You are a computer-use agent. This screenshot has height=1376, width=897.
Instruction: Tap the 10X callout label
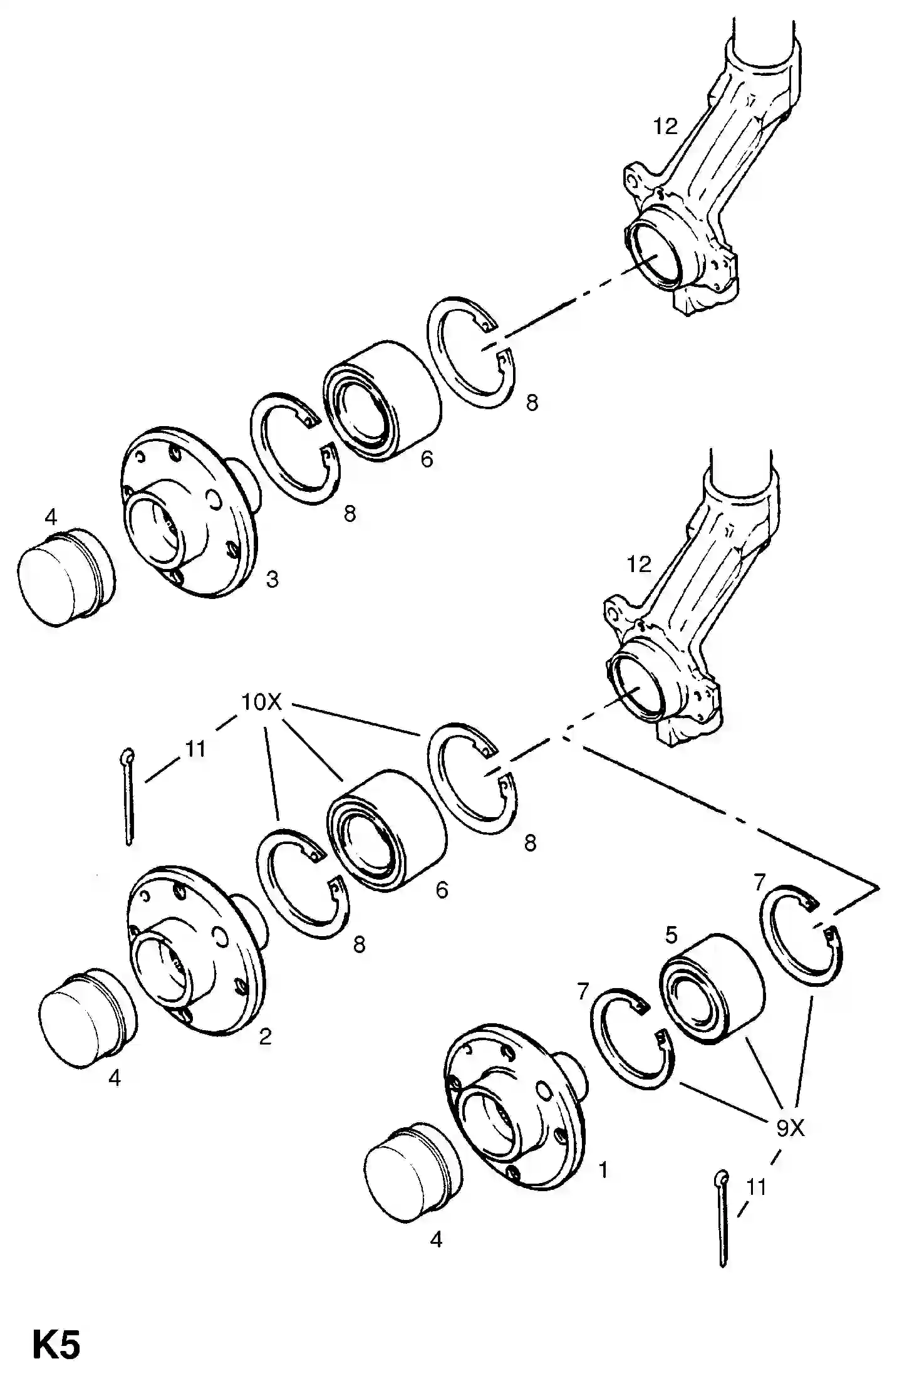click(x=262, y=702)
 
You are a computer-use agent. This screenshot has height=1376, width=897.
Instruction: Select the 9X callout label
click(x=791, y=1128)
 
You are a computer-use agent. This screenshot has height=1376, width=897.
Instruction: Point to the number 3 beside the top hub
click(x=272, y=580)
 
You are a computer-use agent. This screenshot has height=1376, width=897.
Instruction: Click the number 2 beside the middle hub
click(x=266, y=1037)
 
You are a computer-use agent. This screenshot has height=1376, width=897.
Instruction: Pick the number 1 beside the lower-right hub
click(x=604, y=1170)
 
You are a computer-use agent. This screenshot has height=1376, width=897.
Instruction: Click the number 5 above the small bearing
click(x=671, y=936)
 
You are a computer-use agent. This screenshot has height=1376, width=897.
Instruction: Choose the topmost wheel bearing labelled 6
click(x=382, y=402)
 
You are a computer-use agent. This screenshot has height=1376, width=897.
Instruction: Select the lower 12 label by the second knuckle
click(x=640, y=565)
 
